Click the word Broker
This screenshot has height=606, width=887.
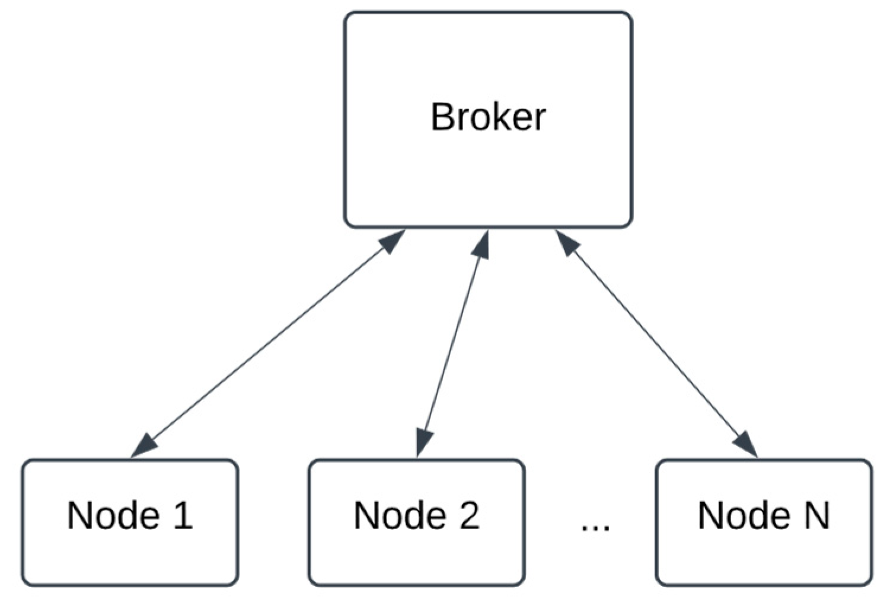[x=487, y=117]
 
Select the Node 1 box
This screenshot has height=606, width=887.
[x=130, y=522]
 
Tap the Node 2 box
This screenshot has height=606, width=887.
[x=416, y=522]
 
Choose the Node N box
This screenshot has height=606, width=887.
[x=764, y=522]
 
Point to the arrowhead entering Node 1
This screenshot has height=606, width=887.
[x=143, y=446]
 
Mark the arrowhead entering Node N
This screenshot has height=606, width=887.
[x=746, y=444]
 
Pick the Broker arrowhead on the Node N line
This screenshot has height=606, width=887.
[x=566, y=243]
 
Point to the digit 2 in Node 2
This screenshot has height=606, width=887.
[x=468, y=515]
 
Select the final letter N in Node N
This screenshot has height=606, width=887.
[x=816, y=515]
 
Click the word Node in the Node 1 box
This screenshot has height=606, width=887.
[x=113, y=515]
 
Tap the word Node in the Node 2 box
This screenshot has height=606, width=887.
[x=399, y=515]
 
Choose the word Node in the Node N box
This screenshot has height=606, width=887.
[x=744, y=515]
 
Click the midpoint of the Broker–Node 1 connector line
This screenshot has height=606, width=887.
[x=267, y=344]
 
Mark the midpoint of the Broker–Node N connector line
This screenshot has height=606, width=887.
[x=656, y=344]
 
